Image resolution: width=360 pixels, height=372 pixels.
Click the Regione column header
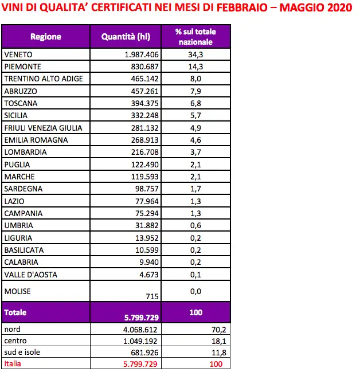click(x=46, y=37)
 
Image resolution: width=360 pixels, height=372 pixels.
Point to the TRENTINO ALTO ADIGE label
click(x=44, y=79)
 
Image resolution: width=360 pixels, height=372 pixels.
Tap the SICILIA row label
click(x=16, y=115)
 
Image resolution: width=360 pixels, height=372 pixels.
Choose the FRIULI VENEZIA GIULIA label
click(x=44, y=127)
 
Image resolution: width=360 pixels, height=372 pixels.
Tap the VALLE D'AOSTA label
click(x=30, y=275)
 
